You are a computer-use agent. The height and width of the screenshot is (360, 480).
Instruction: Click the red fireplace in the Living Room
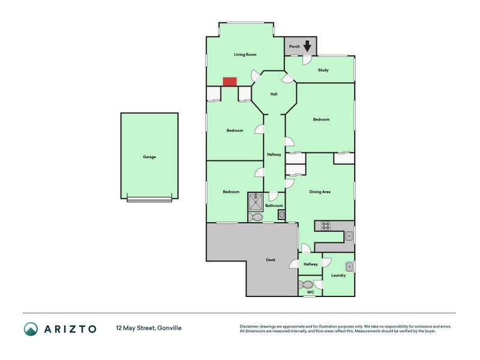point(230,82)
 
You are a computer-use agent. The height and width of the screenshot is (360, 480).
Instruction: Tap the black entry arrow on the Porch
point(308,46)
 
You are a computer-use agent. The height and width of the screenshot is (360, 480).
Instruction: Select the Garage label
point(149,157)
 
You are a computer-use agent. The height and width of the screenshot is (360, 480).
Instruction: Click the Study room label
point(323,70)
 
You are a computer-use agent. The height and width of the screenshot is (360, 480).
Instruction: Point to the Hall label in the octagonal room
point(274,94)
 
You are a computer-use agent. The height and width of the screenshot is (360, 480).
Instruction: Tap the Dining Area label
point(320,192)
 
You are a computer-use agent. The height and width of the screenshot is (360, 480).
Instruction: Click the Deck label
point(271,260)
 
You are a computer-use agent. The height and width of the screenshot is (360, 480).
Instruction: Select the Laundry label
point(338,275)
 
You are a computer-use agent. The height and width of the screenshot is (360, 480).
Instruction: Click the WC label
point(311,292)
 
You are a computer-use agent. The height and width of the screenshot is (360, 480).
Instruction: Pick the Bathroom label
point(274,206)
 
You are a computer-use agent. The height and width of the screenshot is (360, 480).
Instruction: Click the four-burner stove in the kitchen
point(326,226)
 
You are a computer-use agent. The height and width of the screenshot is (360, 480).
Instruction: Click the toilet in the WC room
point(307,284)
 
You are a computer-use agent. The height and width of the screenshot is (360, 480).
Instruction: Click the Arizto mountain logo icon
point(31,328)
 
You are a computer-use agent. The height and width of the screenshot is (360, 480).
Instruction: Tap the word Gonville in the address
point(169,328)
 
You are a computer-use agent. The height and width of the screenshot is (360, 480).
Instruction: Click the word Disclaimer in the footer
point(252,326)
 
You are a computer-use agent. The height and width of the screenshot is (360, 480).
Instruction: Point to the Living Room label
point(245,55)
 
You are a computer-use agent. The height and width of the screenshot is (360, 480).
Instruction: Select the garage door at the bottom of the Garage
point(149,200)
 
